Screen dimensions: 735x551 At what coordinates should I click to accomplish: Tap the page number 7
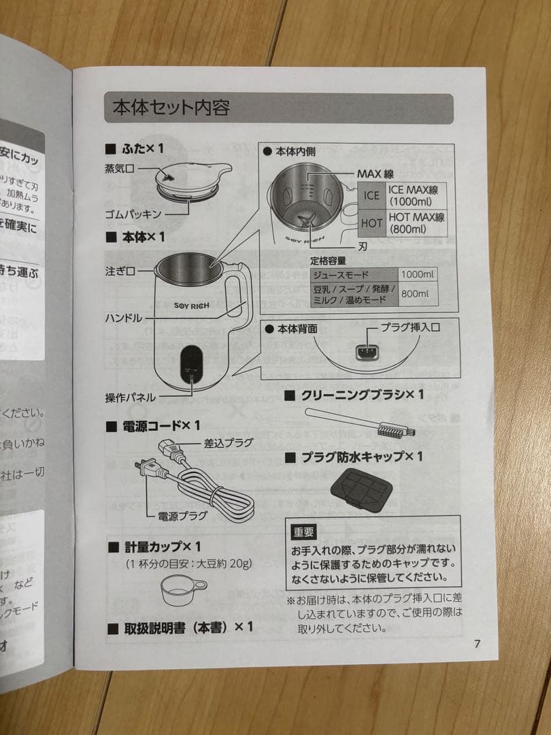(x=477, y=644)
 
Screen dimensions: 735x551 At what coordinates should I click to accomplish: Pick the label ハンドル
(x=123, y=318)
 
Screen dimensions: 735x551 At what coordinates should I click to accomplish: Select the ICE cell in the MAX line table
(x=372, y=196)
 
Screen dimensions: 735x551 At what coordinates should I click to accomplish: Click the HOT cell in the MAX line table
(x=372, y=223)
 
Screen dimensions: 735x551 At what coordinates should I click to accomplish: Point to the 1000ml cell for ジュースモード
(x=418, y=275)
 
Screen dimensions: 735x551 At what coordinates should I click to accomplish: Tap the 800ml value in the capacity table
(x=415, y=293)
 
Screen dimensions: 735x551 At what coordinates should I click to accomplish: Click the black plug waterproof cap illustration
(x=358, y=489)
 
